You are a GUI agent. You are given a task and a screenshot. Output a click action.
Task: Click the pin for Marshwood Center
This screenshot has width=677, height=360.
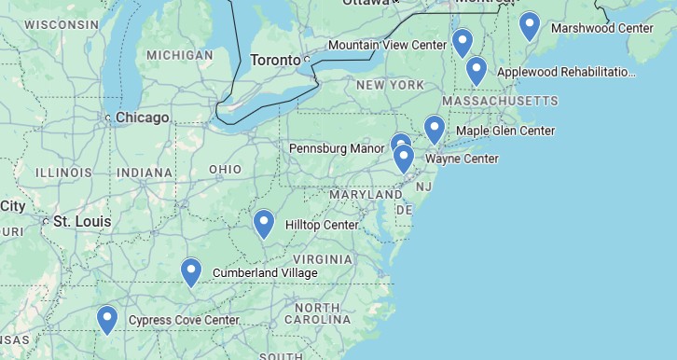530,25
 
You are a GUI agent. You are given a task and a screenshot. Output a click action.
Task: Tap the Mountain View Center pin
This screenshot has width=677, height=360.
462,42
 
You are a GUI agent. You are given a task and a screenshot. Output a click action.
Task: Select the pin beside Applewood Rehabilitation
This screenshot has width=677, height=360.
477,70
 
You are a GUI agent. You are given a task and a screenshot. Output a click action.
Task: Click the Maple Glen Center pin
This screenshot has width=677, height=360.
435,129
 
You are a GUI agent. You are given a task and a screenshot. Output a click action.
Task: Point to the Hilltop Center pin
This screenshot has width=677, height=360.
265,223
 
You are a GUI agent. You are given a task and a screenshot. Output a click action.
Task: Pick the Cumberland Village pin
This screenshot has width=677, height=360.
191,271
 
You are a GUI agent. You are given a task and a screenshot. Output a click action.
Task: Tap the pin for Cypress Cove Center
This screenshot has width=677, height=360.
107,319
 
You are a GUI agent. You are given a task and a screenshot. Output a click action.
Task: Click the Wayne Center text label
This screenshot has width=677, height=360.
462,159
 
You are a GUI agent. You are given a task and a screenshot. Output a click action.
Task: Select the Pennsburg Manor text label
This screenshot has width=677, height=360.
337,148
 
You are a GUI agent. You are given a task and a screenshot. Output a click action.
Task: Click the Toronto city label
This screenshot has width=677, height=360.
276,61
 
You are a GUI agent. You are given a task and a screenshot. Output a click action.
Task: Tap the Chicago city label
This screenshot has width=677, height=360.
143,118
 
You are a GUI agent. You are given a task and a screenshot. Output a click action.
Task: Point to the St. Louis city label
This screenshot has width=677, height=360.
82,222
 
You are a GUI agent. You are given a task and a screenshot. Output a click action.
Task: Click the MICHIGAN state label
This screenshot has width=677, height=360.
180,55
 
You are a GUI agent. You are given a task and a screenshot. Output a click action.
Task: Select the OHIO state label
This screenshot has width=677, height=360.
225,169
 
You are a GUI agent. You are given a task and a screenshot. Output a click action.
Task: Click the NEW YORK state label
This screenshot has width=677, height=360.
390,85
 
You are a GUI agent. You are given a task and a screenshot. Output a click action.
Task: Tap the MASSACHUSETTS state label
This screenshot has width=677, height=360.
500,101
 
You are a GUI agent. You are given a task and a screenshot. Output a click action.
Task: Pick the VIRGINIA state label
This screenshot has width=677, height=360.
323,258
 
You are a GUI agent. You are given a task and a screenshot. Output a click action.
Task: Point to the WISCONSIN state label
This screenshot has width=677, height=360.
62,24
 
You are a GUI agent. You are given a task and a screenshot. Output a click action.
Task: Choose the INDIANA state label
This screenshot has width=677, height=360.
145,173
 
